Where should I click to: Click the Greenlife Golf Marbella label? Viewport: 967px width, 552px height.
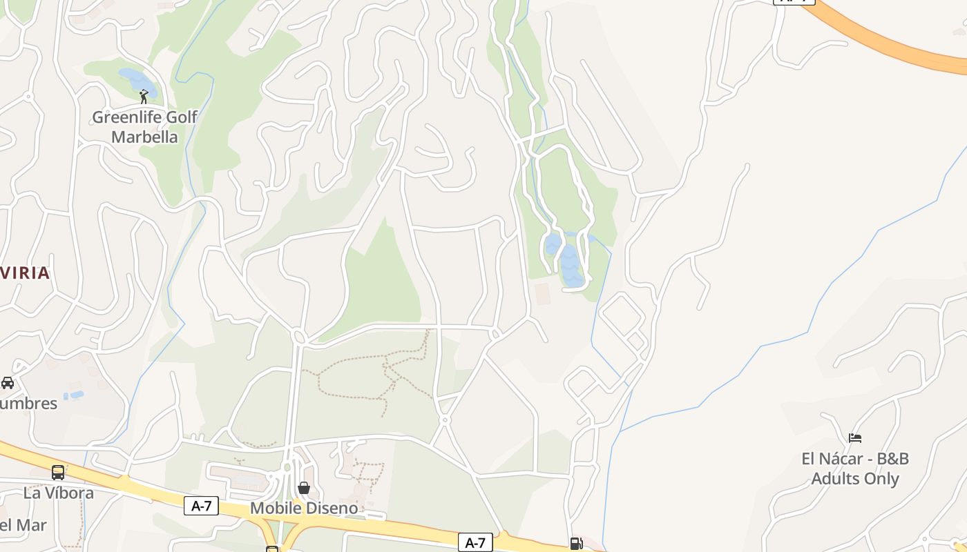(x=144, y=127)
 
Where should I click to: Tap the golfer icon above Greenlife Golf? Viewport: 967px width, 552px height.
(x=144, y=97)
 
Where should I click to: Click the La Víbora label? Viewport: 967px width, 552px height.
(x=58, y=493)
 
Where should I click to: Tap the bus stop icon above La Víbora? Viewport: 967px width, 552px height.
(x=58, y=473)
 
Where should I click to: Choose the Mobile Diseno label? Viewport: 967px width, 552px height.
(x=304, y=509)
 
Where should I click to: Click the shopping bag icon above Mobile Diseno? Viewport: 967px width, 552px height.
(x=304, y=488)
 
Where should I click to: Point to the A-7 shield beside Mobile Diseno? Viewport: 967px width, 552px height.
(x=201, y=506)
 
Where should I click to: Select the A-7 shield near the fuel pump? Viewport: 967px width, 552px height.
(x=475, y=542)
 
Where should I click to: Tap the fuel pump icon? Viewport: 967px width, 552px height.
(x=576, y=544)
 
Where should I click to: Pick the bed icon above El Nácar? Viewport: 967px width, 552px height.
(x=855, y=437)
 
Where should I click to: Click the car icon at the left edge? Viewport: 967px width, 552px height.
(x=8, y=382)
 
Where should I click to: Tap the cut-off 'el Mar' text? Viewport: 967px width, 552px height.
(x=23, y=525)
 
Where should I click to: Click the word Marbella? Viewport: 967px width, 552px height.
(x=144, y=137)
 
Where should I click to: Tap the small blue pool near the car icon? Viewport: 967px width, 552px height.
(x=73, y=396)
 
